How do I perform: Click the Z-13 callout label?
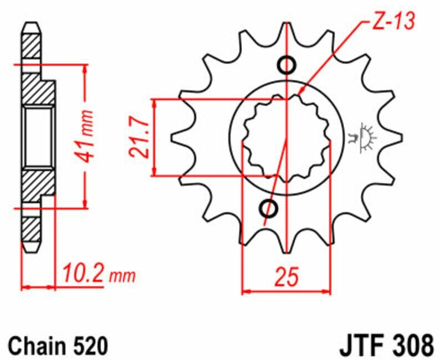393,21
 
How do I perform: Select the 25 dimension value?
286,277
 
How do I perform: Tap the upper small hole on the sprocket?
286,65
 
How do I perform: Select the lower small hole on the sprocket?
269,209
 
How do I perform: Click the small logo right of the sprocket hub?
362,138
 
